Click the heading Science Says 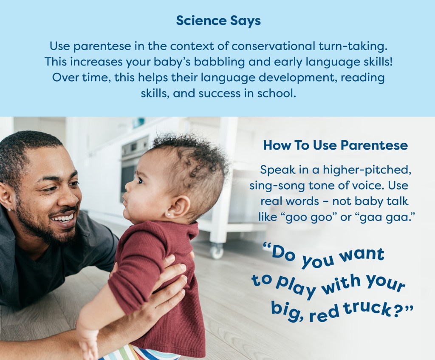click(x=218, y=21)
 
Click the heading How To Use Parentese click(x=336, y=145)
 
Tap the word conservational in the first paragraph click(x=273, y=46)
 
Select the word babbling click(x=219, y=62)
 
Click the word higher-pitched click(x=367, y=170)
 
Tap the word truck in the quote click(x=367, y=309)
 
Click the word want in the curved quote click(x=363, y=255)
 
